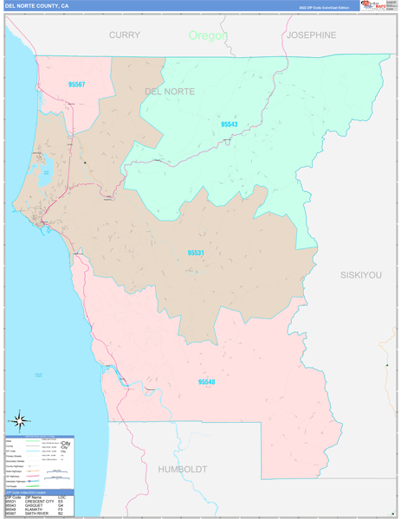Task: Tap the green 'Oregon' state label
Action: [208, 35]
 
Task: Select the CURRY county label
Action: [124, 35]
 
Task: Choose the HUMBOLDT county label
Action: [182, 469]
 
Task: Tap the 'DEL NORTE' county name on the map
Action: [170, 91]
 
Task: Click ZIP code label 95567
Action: [76, 84]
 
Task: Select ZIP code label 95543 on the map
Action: [229, 125]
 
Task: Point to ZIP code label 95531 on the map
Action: [196, 253]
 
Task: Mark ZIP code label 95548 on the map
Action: [206, 381]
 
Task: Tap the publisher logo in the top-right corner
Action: [378, 6]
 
